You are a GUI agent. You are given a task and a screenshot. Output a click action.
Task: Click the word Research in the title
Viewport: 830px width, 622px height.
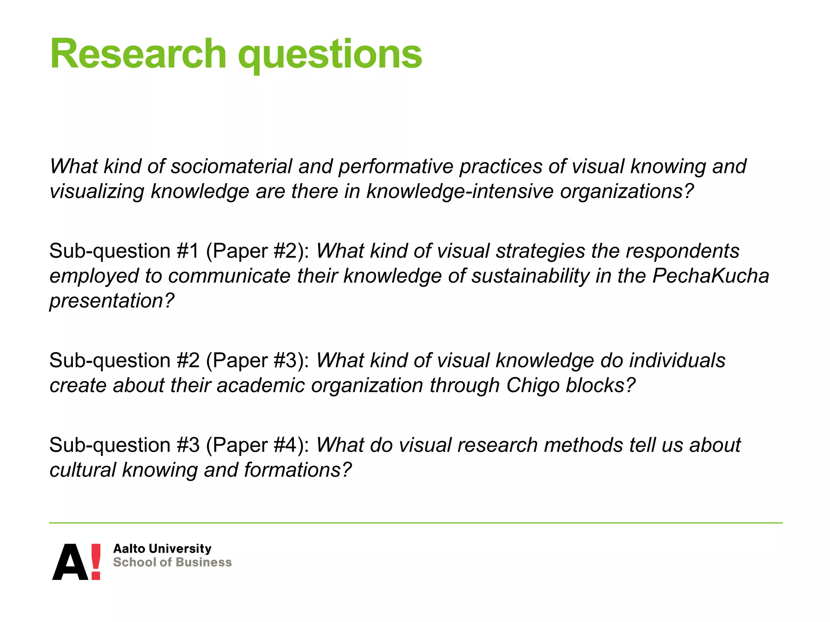[138, 54]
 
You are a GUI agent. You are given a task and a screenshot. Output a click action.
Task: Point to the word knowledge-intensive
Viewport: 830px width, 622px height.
[460, 191]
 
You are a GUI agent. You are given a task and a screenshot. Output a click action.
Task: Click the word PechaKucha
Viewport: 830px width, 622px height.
[710, 276]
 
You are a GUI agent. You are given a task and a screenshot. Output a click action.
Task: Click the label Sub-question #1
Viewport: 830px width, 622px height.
[124, 251]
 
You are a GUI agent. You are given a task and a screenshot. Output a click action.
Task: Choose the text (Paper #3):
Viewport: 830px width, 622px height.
[258, 361]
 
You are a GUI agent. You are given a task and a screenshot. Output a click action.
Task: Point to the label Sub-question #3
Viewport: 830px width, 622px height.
[124, 445]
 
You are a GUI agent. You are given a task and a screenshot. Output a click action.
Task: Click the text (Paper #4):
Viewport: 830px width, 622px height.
[258, 445]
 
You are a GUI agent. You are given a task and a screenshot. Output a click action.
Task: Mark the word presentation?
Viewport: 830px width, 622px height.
[112, 301]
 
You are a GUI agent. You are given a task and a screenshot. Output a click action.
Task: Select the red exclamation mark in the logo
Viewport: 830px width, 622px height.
[96, 561]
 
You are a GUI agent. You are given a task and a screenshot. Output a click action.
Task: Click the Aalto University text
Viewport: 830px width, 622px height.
[162, 549]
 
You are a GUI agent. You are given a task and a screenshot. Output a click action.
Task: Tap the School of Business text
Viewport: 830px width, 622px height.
[172, 562]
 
